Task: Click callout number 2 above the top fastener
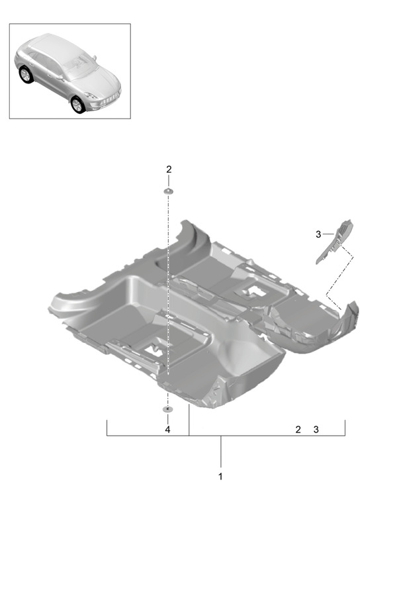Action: tap(169, 170)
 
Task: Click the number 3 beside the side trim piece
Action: tap(318, 234)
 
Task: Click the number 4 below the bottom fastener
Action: tap(167, 430)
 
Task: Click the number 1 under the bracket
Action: tap(220, 476)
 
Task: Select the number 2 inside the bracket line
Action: tap(298, 430)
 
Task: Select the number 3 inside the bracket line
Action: tap(316, 430)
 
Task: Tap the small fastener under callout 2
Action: tap(168, 191)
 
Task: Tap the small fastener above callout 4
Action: tap(167, 409)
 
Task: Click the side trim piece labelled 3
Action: tap(335, 241)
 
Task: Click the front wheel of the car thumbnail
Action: tap(77, 105)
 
